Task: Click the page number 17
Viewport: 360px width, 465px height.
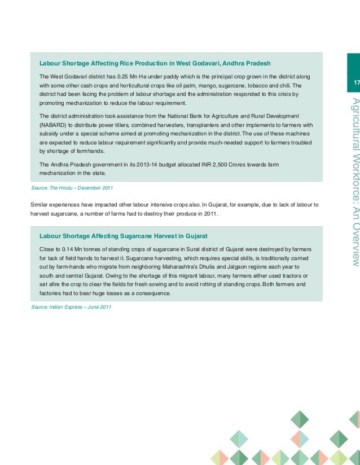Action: (x=356, y=84)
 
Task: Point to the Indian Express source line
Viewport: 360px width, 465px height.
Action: (x=71, y=306)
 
